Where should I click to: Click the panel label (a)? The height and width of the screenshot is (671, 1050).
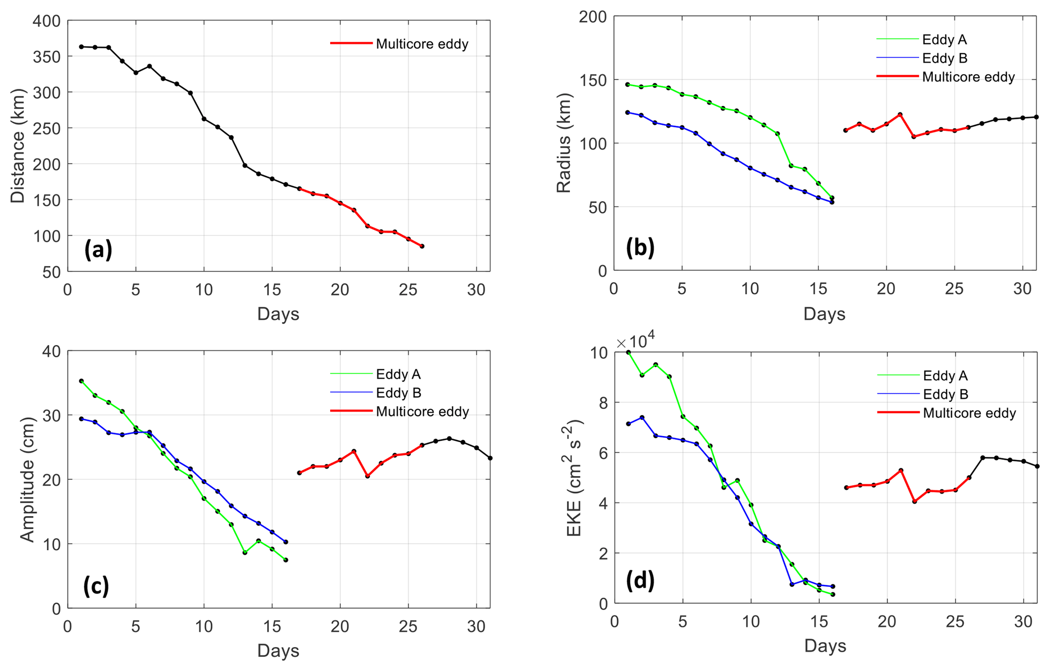pos(98,249)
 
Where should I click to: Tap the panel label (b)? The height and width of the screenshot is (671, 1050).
pos(640,247)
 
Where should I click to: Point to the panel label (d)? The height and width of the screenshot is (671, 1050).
pos(640,580)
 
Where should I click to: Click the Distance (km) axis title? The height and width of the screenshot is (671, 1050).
pos(18,146)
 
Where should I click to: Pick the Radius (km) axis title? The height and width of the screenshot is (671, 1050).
pos(564,143)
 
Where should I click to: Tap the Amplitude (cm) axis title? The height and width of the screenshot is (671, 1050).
pos(27,479)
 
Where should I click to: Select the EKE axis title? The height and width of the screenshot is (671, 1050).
pos(574,478)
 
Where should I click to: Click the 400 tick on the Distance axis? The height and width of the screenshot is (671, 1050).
pos(46,21)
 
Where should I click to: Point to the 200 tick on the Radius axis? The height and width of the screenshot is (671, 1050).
pos(593,17)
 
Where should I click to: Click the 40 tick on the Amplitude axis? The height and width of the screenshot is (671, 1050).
pos(51,351)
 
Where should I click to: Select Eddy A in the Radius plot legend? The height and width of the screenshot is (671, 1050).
pos(944,40)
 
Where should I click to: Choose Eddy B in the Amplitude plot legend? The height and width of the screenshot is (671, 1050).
pos(398,393)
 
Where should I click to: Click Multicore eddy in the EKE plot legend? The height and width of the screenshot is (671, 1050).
pos(969,413)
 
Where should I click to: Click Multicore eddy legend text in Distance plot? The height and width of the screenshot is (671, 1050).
pos(422,44)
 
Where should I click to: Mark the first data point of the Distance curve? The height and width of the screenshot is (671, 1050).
pos(81,47)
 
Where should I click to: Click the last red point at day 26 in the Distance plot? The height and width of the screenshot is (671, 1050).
pos(422,246)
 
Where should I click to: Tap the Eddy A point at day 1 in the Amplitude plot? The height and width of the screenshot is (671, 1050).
pos(81,381)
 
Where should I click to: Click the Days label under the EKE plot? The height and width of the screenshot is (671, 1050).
pos(825,646)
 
